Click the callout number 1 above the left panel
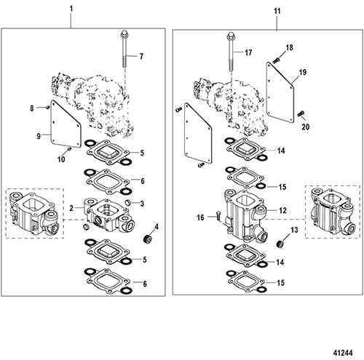point(71,9)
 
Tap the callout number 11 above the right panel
point(277,11)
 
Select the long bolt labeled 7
point(124,49)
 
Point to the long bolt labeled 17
point(231,52)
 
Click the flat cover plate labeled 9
point(66,124)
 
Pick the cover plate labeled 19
point(280,92)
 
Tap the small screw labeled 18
point(276,59)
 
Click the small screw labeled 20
point(301,113)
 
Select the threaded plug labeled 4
point(148,239)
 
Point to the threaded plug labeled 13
point(281,244)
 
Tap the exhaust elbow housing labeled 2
point(108,215)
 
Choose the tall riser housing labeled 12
point(246,215)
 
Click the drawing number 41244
point(343,353)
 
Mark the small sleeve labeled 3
point(128,202)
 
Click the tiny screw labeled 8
point(48,107)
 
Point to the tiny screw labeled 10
point(69,148)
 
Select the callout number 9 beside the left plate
point(39,136)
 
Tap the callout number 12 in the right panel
point(282,210)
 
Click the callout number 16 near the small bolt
point(200,217)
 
